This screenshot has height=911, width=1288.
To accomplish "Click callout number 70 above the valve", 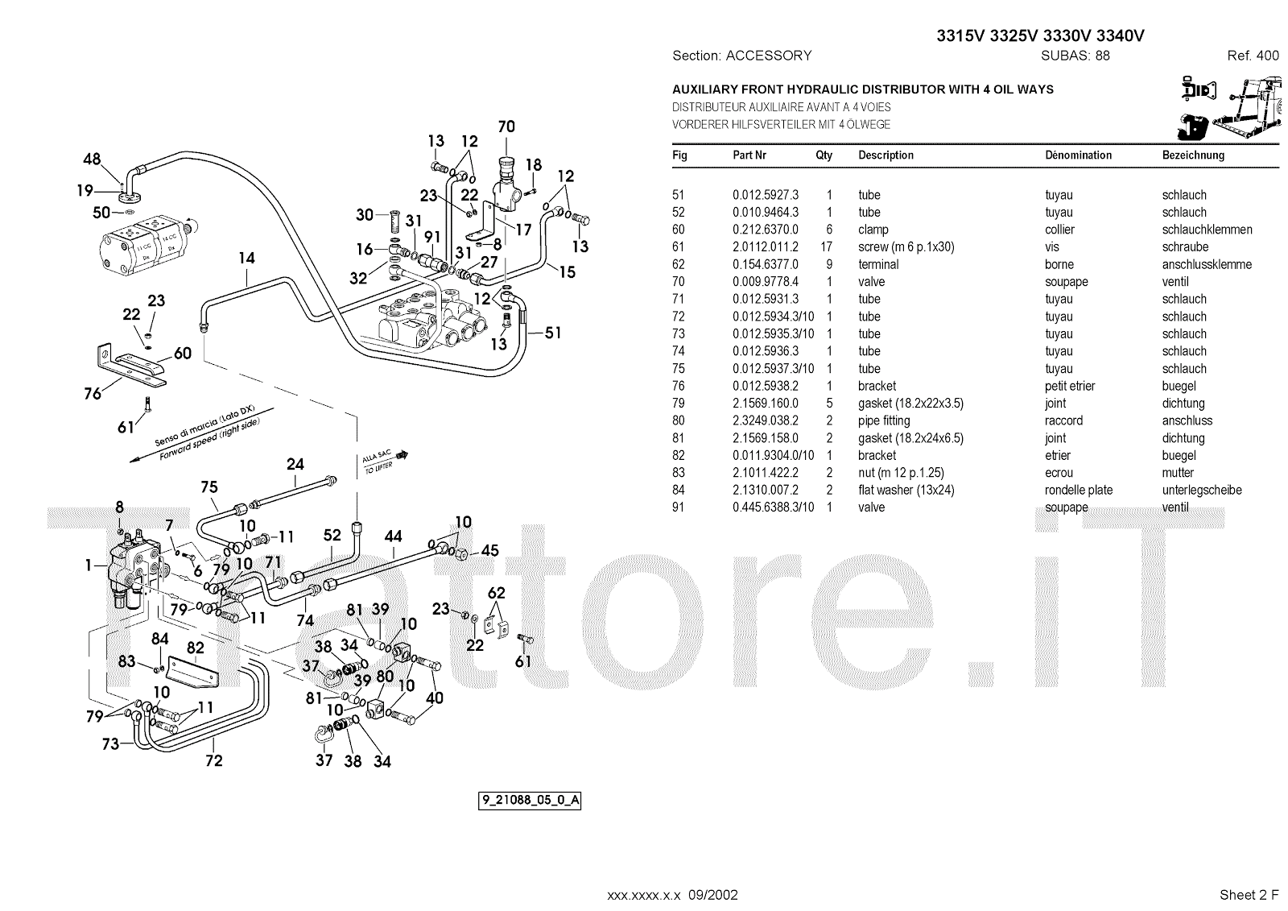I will pos(506,126).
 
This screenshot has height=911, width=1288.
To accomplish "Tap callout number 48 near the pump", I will pos(93,159).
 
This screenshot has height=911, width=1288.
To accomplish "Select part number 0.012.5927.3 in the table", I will pos(765,195).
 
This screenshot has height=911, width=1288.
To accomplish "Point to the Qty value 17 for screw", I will pos(828,247).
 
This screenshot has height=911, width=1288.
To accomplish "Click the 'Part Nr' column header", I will pos(749,155).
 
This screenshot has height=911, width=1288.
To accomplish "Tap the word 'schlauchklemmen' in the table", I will pos(1207,230).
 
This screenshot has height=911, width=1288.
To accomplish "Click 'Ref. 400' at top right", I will pos(1253,56).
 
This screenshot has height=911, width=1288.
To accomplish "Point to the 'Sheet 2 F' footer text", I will pos(1249,895).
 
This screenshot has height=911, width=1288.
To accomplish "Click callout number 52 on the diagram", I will pos(332,535).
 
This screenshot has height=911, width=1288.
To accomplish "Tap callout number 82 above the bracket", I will pos(196,648).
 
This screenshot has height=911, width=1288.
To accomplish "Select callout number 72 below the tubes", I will pos(213,760).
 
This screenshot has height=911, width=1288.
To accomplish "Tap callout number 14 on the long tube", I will pos(246,258).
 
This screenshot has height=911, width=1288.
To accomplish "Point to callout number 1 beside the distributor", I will pos(89,565).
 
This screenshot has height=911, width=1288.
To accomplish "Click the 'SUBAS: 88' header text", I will pos(1075,56).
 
